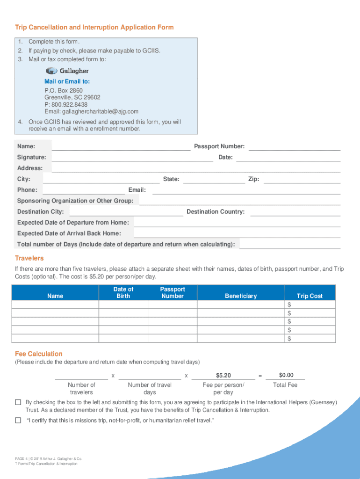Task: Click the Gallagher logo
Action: [x=67, y=71]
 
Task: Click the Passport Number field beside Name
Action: [x=295, y=146]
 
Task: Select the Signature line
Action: [x=132, y=157]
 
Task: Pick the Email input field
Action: [x=246, y=189]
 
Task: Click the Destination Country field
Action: [x=295, y=211]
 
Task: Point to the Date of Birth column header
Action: [x=123, y=293]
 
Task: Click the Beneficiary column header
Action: [x=241, y=296]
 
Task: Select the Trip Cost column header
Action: [x=310, y=296]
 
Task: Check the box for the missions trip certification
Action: [x=18, y=421]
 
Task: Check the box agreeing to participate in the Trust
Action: [x=18, y=402]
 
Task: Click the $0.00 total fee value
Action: [x=286, y=375]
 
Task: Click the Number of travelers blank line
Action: [x=81, y=376]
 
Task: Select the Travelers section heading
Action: [x=29, y=258]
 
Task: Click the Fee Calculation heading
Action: [x=38, y=354]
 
